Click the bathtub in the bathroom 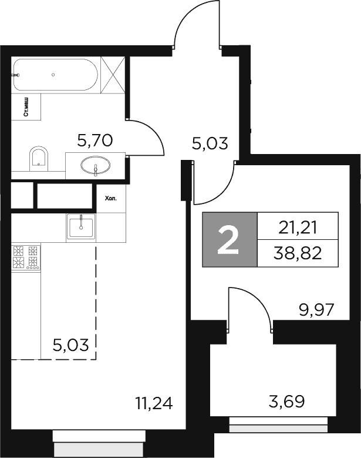(x=55, y=75)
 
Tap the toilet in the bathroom (x=39, y=159)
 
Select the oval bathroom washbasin (x=96, y=165)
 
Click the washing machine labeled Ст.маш (x=26, y=107)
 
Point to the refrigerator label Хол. (x=111, y=199)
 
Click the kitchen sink (x=81, y=228)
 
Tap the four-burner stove (x=26, y=258)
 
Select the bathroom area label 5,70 (x=95, y=141)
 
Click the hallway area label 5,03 (x=210, y=143)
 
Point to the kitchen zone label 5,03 (x=71, y=345)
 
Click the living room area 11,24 (x=154, y=403)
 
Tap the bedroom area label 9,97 (x=316, y=310)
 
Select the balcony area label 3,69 (x=286, y=402)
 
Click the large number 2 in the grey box (x=228, y=239)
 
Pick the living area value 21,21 (x=298, y=228)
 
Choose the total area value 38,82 (x=298, y=253)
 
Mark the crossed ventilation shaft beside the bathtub (x=113, y=75)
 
